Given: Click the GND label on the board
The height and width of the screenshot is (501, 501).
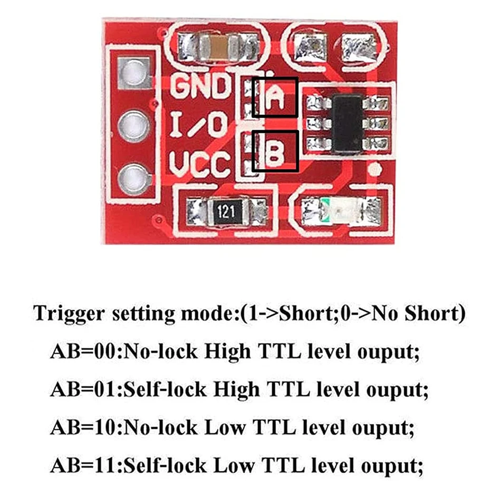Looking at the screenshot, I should coord(200,86).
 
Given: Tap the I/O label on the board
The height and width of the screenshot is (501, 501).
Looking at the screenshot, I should coord(200,125).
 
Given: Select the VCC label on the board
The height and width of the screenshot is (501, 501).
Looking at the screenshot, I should coord(200,164).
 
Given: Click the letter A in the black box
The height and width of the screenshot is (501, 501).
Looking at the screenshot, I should coord(275,97).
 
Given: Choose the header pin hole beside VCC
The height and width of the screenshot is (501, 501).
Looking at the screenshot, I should coord(132,178).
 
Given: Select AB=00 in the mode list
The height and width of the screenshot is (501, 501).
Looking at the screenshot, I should coord(84,352).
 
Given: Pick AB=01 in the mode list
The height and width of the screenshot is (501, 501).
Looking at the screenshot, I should coord(84,391).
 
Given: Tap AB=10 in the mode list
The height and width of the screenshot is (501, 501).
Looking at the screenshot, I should coord(84,428).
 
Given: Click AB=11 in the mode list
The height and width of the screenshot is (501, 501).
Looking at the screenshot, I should coord(84,466).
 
